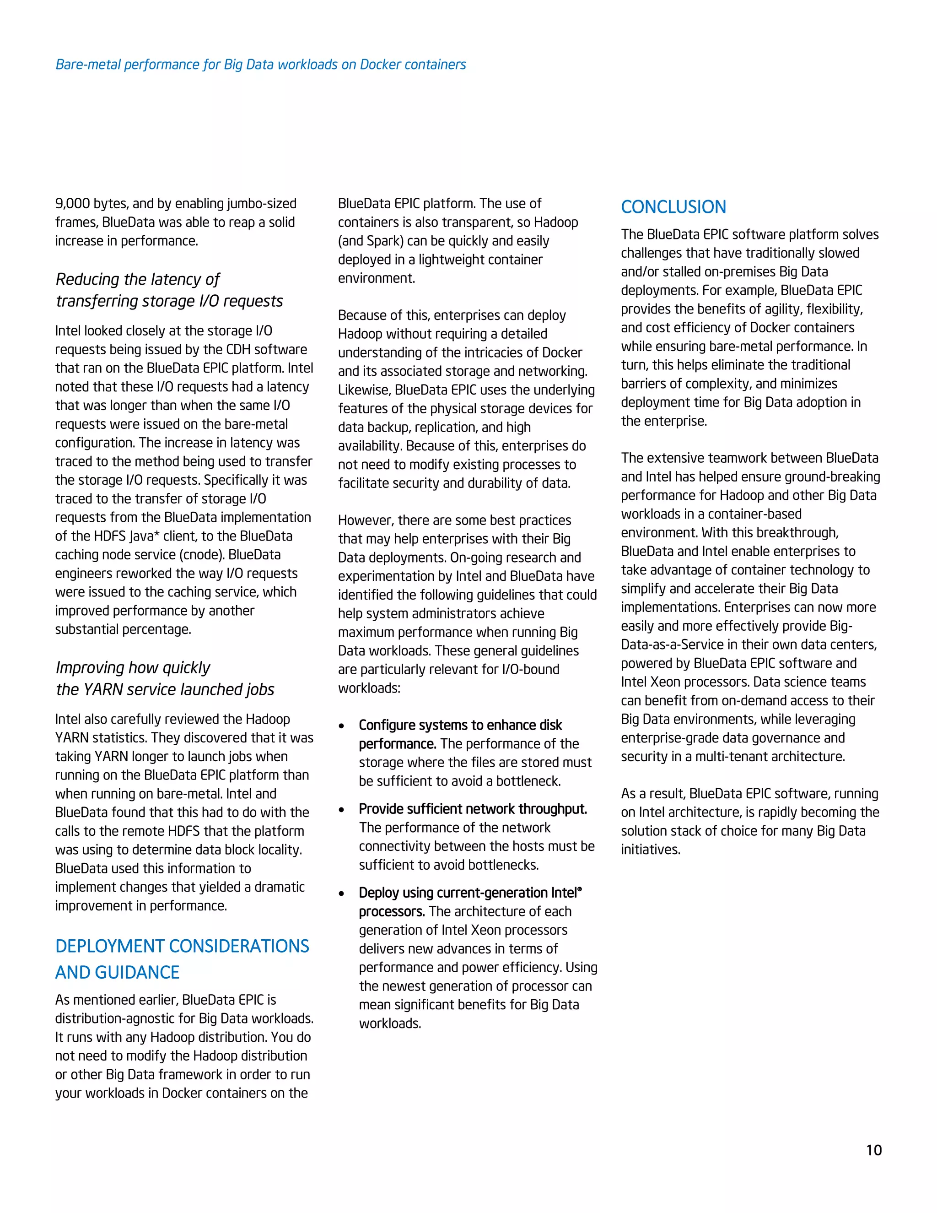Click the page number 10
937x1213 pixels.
click(874, 1150)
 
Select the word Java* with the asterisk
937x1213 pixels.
click(144, 536)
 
